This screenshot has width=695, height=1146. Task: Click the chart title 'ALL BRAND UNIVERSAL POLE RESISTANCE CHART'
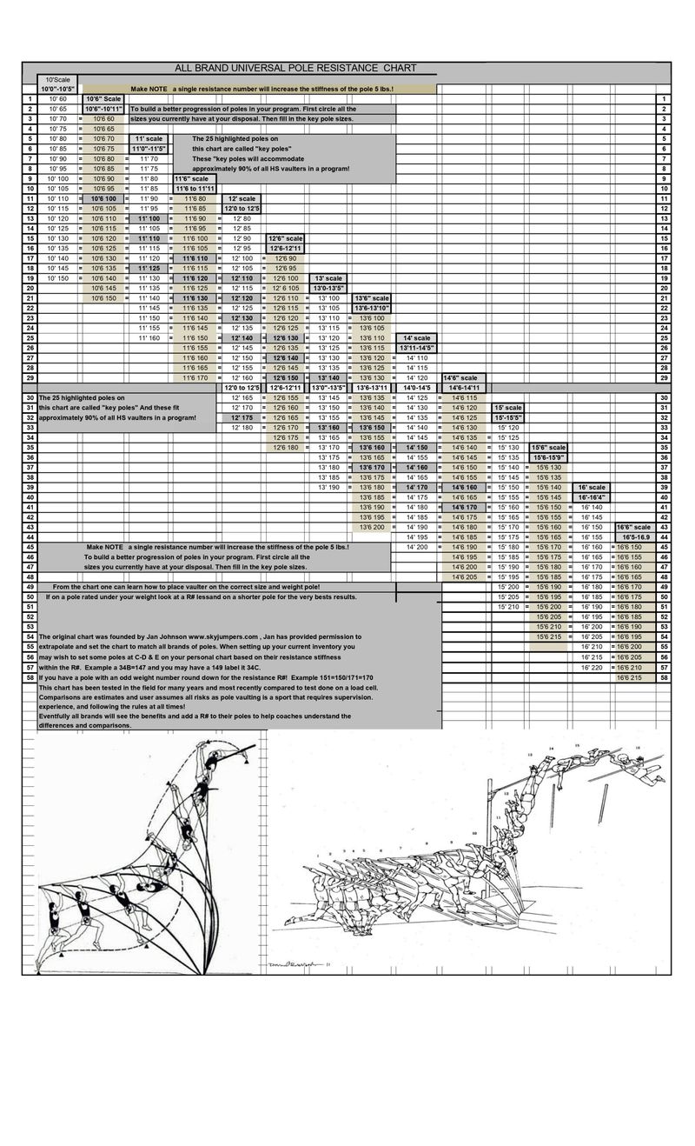point(295,68)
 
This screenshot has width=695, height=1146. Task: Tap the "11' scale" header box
point(148,138)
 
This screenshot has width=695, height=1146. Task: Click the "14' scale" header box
point(417,337)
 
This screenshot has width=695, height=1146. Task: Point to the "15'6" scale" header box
point(549,447)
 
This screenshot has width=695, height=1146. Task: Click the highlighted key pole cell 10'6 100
point(104,198)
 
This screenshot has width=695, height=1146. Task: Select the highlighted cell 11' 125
point(149,268)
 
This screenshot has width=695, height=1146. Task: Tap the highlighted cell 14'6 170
point(465,506)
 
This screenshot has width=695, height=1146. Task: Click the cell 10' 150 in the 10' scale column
point(57,277)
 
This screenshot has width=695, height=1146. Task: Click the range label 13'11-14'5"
point(417,347)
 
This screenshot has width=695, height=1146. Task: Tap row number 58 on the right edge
point(663,676)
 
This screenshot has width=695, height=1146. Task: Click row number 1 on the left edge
point(30,99)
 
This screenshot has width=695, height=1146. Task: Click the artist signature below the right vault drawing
point(308,963)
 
